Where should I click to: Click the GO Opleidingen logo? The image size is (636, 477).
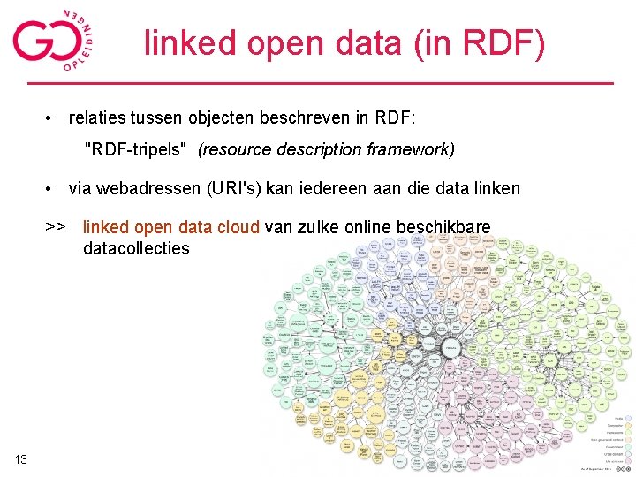coord(53,40)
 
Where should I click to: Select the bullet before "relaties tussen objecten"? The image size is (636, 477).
coord(54,117)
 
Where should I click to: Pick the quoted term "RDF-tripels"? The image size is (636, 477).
coord(135,149)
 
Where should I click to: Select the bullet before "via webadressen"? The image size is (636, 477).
coord(54,189)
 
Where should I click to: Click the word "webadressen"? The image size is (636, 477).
coord(147,188)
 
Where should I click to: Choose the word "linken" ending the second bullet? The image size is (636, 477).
coord(496,188)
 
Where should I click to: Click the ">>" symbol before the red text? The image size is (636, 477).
coord(55,227)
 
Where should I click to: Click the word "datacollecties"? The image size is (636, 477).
coord(136,248)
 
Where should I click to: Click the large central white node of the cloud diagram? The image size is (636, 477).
coord(450,350)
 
